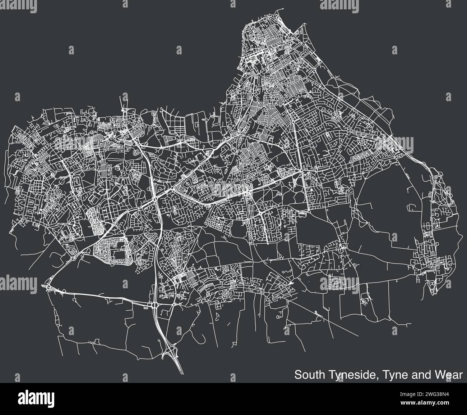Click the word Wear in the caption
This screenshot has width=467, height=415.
coord(449,375)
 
